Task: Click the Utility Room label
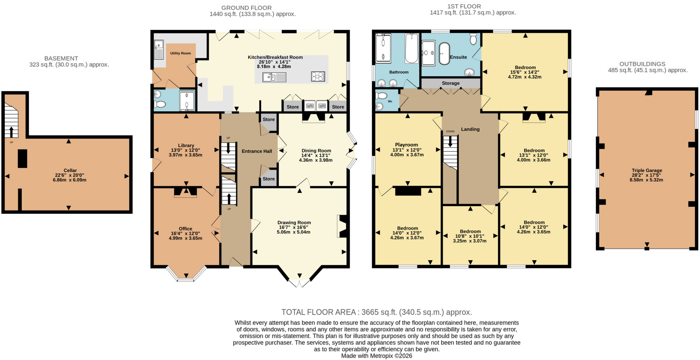180,53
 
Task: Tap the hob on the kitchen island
318,77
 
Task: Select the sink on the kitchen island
274,78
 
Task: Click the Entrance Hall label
257,151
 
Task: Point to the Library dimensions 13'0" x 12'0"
185,150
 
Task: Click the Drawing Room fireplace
342,226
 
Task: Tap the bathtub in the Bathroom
412,48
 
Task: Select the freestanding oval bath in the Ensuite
444,54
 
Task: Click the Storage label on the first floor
450,83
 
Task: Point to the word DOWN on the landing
450,131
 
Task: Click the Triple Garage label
647,170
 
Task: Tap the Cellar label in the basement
70,170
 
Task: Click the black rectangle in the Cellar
23,158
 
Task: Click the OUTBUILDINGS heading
642,64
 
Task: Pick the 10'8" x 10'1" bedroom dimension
470,236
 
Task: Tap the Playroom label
406,145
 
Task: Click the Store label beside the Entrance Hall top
269,120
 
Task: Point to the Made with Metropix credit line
377,356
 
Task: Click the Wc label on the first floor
390,101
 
